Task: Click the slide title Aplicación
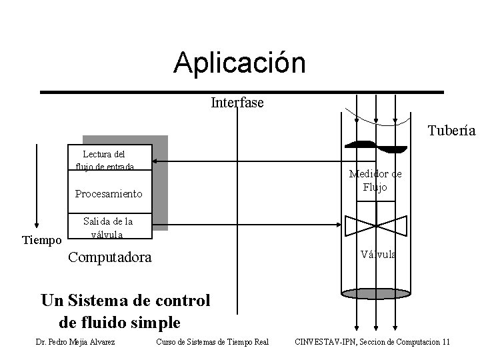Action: point(239,63)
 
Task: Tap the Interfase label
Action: point(237,103)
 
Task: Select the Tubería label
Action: point(451,131)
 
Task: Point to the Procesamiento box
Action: point(109,194)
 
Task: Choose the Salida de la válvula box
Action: point(107,227)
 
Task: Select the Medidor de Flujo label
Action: point(375,181)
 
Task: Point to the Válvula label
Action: point(378,254)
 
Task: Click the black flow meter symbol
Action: point(376,146)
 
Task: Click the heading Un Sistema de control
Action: point(125,301)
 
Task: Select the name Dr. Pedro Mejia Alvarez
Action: point(75,342)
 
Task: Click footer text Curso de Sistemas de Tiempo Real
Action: point(211,342)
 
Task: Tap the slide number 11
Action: point(445,342)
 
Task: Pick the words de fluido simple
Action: point(120,323)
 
